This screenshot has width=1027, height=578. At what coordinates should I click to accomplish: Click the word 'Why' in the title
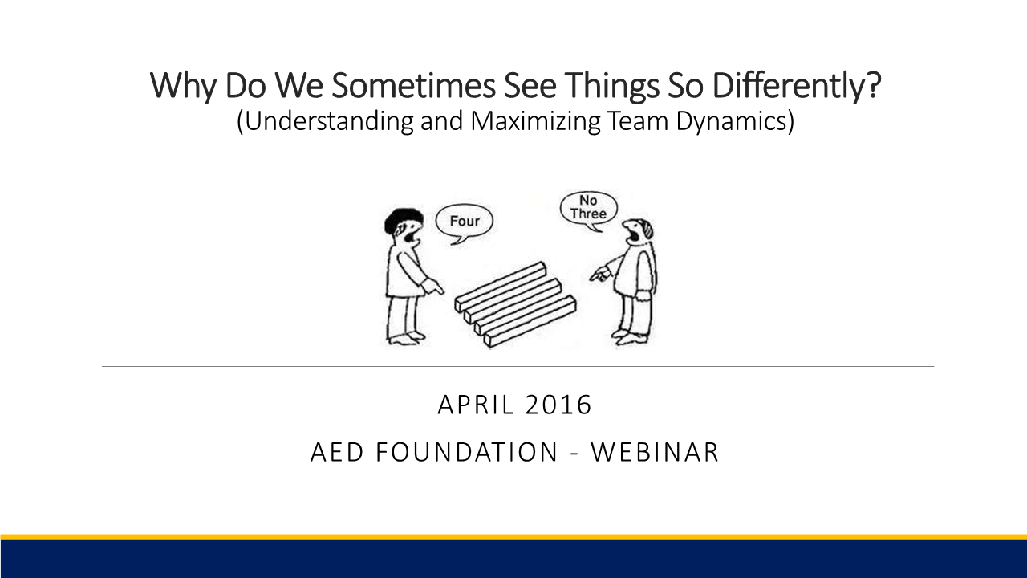pyautogui.click(x=183, y=86)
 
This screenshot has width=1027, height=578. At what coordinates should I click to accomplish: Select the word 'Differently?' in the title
pyautogui.click(x=797, y=85)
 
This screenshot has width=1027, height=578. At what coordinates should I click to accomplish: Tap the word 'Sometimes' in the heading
pyautogui.click(x=413, y=85)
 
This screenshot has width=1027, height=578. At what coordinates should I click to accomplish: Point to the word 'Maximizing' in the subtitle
pyautogui.click(x=535, y=121)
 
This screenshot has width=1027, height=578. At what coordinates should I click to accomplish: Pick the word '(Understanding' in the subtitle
pyautogui.click(x=325, y=121)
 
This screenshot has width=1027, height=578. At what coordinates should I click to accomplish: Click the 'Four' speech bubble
pyautogui.click(x=464, y=223)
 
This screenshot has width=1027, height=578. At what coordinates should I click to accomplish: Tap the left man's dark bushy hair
pyautogui.click(x=403, y=220)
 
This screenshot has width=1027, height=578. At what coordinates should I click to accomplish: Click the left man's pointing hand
pyautogui.click(x=432, y=287)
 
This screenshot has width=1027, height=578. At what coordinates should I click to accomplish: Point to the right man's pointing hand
pyautogui.click(x=599, y=275)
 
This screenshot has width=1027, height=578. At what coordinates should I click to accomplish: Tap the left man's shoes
pyautogui.click(x=406, y=338)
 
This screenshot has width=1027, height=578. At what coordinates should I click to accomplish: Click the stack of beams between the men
pyautogui.click(x=516, y=303)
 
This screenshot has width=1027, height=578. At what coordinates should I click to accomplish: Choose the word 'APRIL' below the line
pyautogui.click(x=476, y=405)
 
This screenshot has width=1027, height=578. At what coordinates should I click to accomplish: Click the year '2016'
pyautogui.click(x=559, y=405)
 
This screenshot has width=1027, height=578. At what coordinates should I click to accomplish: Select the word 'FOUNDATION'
pyautogui.click(x=467, y=452)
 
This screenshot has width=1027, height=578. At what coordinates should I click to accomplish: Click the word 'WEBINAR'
pyautogui.click(x=655, y=452)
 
